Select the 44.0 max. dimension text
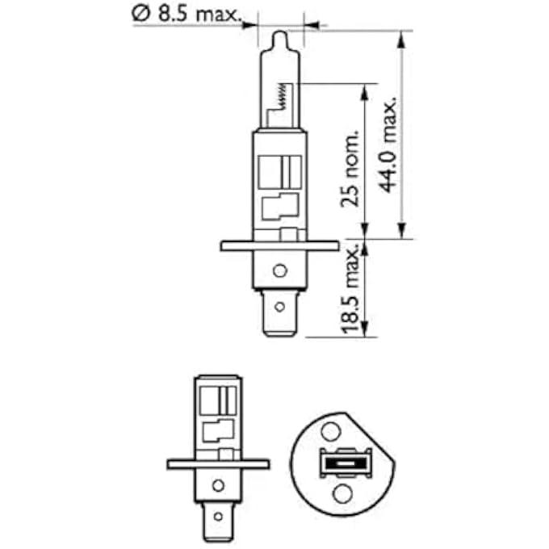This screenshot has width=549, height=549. (x=389, y=145)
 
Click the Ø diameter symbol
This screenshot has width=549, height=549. (x=139, y=14)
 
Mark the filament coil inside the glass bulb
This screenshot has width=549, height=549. (x=280, y=98)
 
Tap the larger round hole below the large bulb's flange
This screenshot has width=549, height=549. (x=279, y=271)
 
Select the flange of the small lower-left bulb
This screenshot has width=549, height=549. (x=217, y=464)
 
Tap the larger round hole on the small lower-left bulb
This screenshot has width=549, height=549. (x=217, y=486)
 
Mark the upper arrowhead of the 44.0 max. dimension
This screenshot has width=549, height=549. (x=401, y=37)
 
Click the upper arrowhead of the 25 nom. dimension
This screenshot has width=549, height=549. (x=366, y=88)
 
